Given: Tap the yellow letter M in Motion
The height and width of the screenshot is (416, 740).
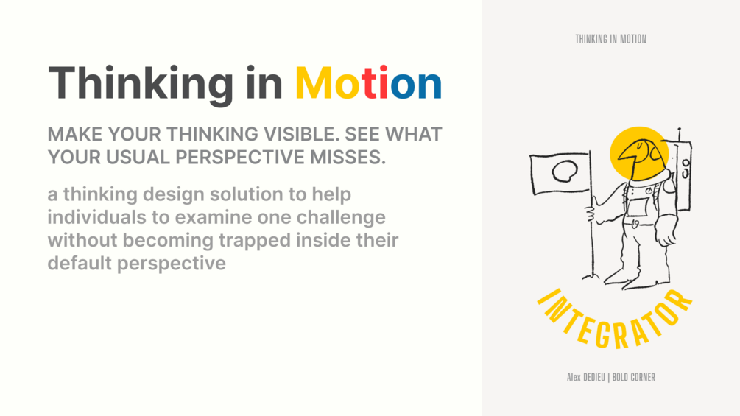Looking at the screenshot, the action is click(314, 83).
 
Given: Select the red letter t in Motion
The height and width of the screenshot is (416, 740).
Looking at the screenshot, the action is click(368, 83).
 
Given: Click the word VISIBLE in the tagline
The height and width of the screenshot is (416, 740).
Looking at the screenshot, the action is click(301, 135).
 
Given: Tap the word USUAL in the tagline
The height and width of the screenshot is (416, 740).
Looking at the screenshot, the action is click(138, 158).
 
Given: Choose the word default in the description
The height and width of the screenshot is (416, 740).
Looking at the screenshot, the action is click(80, 263).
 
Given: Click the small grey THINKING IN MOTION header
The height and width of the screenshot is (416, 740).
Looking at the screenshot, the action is click(610, 39).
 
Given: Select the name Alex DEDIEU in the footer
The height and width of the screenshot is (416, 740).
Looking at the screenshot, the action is click(585, 377).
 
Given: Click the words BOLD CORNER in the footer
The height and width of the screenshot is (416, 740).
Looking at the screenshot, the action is click(633, 377).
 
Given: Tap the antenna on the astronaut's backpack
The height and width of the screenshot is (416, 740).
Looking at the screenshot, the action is click(679, 135).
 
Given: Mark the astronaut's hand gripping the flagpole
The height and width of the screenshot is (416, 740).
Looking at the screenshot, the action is click(591, 214).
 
